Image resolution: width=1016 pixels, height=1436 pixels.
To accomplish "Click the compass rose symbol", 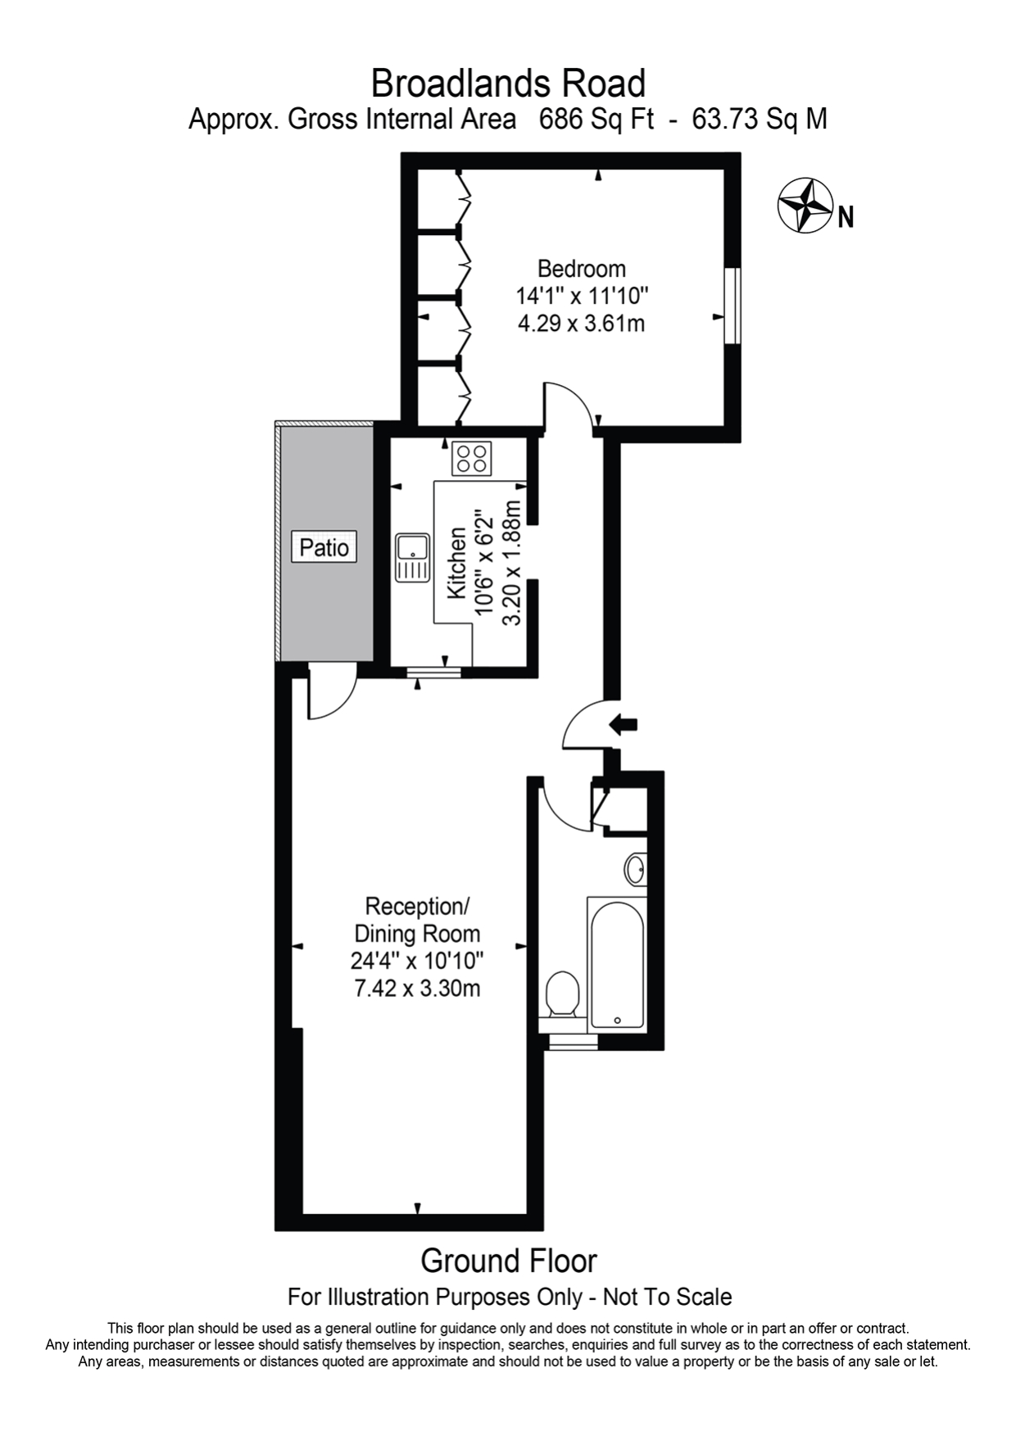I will (804, 206).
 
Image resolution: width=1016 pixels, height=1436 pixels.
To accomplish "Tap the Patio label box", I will (324, 546).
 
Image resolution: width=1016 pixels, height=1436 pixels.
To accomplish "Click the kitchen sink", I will (412, 557).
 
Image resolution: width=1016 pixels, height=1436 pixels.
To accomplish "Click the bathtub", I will (616, 963).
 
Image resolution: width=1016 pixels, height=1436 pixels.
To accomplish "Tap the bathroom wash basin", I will (636, 868).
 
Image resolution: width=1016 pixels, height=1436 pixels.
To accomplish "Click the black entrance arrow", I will (624, 723).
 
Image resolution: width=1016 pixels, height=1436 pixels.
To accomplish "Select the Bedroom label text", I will (581, 269).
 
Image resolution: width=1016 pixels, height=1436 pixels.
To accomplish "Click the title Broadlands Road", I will (508, 84).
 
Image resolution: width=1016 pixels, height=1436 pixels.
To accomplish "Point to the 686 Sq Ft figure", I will (596, 120).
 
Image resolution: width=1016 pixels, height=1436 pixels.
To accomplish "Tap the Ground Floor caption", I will (508, 1262).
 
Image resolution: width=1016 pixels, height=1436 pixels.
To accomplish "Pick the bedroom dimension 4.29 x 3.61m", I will (581, 324).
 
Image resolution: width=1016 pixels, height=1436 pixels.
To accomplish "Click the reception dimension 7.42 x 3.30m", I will (417, 988).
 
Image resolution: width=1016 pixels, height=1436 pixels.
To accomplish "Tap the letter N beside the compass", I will (846, 217).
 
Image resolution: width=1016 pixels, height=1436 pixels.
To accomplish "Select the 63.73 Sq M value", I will (759, 120).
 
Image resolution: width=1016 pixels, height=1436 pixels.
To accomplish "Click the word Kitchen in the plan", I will (456, 563).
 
